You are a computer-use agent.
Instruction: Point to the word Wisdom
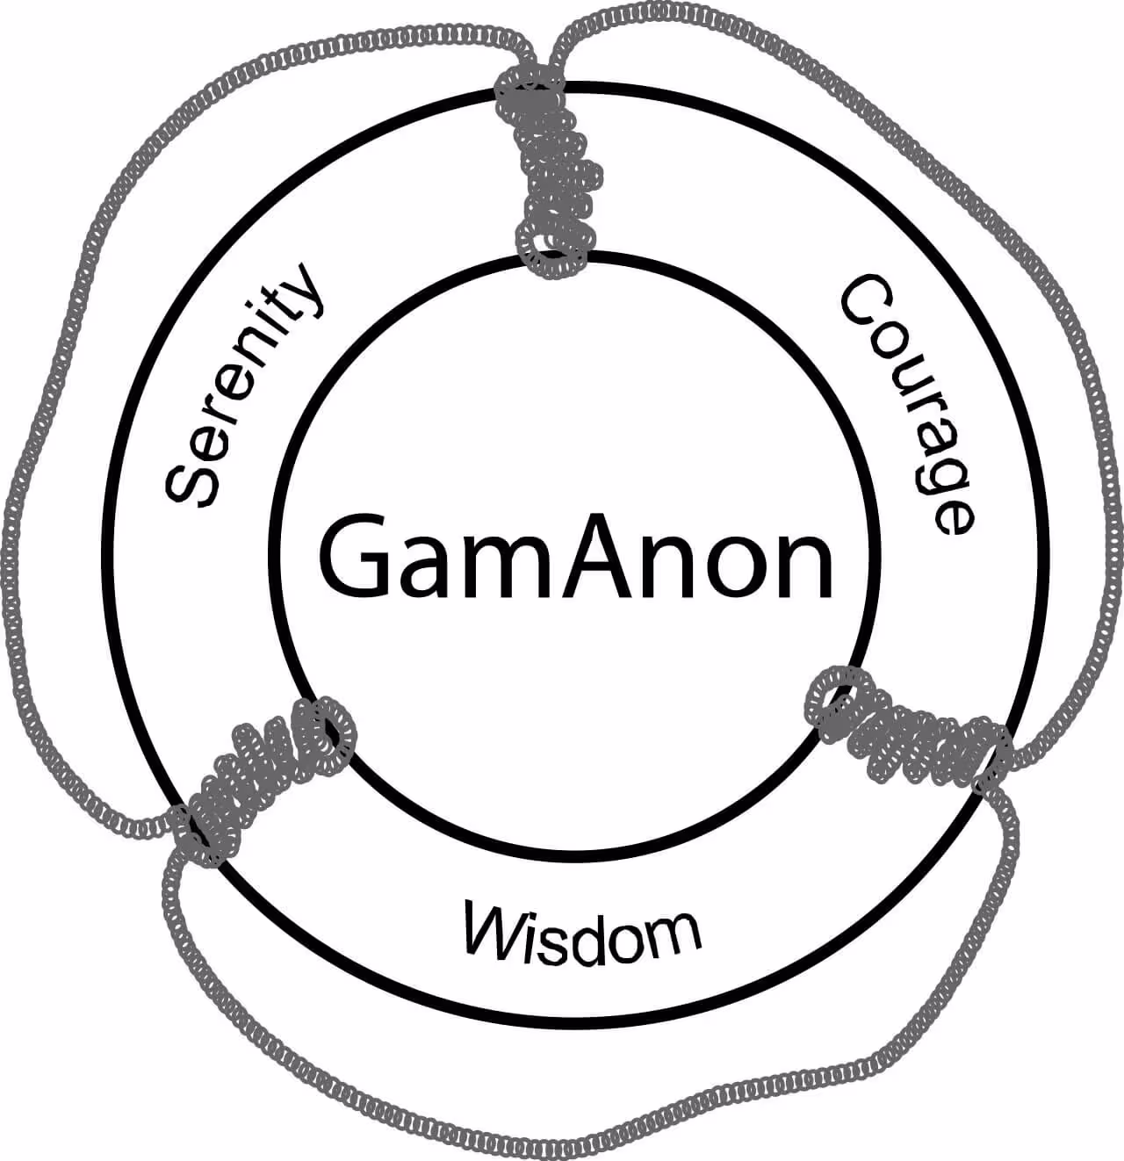click(x=582, y=932)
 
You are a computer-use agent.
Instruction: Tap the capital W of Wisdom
click(x=497, y=927)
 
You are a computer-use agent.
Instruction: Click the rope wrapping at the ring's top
click(x=550, y=176)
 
